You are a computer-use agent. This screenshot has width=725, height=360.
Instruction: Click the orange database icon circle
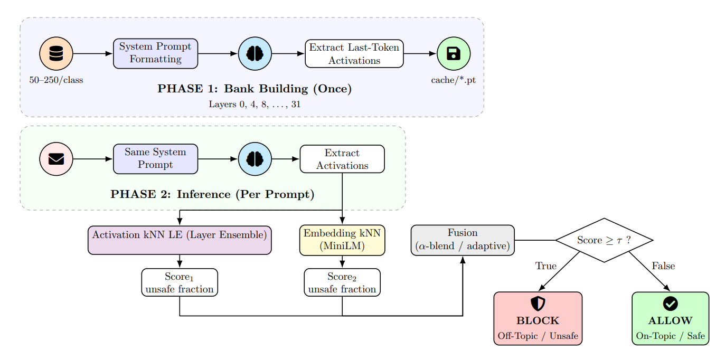point(56,54)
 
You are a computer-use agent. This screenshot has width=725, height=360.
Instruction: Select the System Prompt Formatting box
point(155,54)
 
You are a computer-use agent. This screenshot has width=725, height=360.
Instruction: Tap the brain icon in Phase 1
point(255,54)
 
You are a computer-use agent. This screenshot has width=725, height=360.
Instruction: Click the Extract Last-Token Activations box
point(354,54)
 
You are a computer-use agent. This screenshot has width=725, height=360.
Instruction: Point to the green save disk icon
point(454,54)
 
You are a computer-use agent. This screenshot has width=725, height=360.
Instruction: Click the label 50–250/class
point(56,80)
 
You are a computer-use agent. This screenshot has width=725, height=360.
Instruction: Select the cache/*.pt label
point(454,80)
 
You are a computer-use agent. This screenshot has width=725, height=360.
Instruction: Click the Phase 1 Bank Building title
point(255,89)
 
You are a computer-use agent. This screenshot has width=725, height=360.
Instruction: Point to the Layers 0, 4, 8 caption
point(255,104)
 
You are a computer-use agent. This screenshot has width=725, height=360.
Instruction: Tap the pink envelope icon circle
point(56,159)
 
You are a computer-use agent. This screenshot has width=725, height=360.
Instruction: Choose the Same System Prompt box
point(155,159)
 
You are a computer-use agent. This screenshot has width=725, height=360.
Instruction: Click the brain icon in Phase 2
point(255,159)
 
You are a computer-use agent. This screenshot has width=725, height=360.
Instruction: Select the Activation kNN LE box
point(180,240)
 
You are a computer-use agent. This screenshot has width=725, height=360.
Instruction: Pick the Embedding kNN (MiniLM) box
point(342,240)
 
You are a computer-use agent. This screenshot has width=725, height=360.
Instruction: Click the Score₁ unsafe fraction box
point(180,282)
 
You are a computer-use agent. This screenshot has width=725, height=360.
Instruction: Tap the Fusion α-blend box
point(463,240)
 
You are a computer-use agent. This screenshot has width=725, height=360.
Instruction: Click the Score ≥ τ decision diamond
point(604,240)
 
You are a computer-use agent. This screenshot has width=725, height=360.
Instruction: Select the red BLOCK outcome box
point(538,319)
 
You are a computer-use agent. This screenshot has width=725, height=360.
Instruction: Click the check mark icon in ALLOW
point(670,304)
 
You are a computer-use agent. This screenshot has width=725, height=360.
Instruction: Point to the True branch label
point(545,266)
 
